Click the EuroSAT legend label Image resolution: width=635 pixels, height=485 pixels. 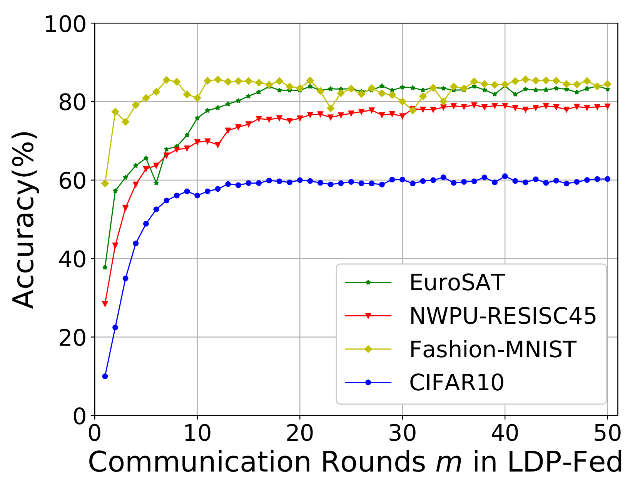[x=456, y=283]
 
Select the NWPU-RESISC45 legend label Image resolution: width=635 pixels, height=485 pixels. [x=503, y=316]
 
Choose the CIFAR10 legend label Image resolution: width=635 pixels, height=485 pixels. [x=456, y=383]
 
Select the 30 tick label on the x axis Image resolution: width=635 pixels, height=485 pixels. [x=402, y=433]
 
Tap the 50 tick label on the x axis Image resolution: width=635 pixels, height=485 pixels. [x=607, y=433]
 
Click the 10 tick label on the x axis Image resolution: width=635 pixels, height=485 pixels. [x=197, y=433]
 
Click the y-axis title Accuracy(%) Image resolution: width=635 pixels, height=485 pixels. [x=24, y=219]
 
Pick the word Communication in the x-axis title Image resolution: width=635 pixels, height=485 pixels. [x=199, y=462]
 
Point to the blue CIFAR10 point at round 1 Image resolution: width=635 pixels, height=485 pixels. [x=105, y=376]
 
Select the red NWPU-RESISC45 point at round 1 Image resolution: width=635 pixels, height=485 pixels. [x=105, y=304]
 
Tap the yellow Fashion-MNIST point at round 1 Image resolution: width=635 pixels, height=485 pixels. [x=105, y=183]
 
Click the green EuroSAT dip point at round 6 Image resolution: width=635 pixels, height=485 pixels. [x=156, y=183]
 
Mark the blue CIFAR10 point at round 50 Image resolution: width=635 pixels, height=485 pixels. [x=607, y=179]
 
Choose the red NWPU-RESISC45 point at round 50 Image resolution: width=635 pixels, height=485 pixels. [x=607, y=106]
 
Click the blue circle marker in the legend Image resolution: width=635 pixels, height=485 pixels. [x=368, y=383]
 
